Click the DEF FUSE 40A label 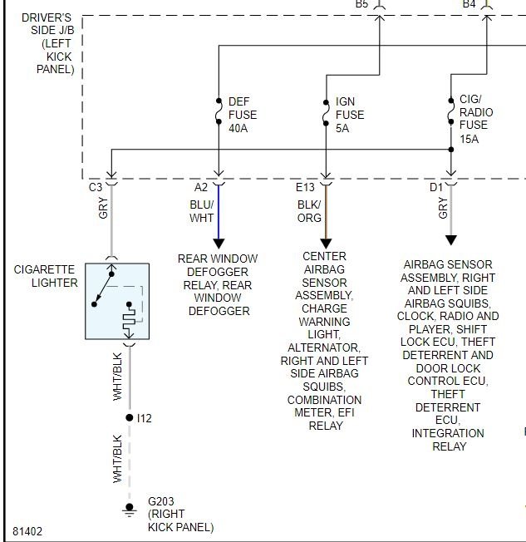[242, 115]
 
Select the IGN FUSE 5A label [349, 115]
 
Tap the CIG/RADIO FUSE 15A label [475, 119]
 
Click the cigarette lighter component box [117, 301]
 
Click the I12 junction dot [128, 418]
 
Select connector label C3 [96, 188]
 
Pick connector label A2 [202, 188]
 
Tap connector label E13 [305, 188]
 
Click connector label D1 [435, 188]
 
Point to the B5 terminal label [362, 5]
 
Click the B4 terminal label [469, 5]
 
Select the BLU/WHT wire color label [202, 211]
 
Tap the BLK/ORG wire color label [309, 211]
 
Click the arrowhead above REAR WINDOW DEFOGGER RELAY [219, 244]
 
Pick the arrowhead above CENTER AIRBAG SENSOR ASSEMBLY [325, 244]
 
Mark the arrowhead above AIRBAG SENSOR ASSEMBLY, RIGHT [450, 240]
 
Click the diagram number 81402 [28, 530]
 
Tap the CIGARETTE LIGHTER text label [46, 276]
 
